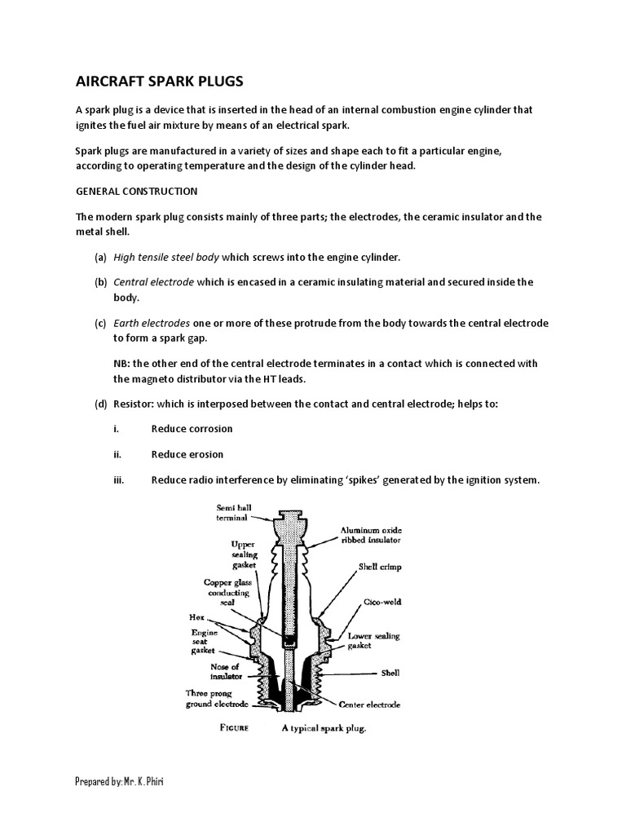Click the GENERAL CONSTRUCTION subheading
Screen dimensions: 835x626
pos(136,191)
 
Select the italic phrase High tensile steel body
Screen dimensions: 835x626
pos(166,257)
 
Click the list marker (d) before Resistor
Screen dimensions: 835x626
pos(100,404)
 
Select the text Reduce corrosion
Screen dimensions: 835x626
pos(192,429)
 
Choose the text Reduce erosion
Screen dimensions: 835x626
pos(187,454)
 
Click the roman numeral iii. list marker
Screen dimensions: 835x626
pos(117,480)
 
